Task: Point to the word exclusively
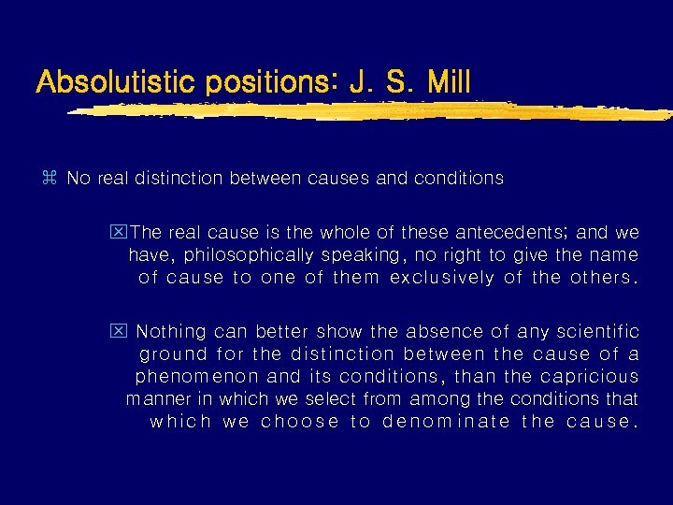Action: click(x=441, y=277)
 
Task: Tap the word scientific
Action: click(x=594, y=331)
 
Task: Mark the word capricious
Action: click(x=591, y=376)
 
